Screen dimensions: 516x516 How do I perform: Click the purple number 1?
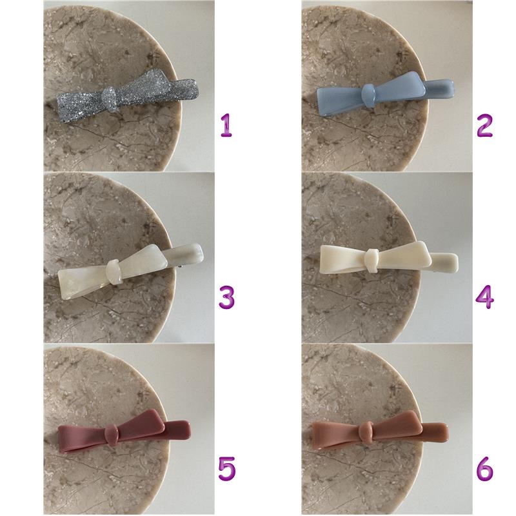226,125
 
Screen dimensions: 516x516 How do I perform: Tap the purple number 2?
485,125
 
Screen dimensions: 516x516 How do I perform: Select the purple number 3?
227,297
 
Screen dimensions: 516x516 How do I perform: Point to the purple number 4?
485,297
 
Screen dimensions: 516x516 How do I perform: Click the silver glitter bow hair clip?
127,95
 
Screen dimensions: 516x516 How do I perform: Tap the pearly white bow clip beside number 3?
131,271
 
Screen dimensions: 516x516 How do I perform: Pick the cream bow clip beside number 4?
389,261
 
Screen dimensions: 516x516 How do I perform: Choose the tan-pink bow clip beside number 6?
380,430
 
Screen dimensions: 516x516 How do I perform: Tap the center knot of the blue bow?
368,95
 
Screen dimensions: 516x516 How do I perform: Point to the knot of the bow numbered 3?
114,272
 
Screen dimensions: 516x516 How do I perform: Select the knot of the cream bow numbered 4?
372,261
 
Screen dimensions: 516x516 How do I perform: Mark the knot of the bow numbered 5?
112,435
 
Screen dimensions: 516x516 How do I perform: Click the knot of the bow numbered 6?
366,432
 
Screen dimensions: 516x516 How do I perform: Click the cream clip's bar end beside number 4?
444,262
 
